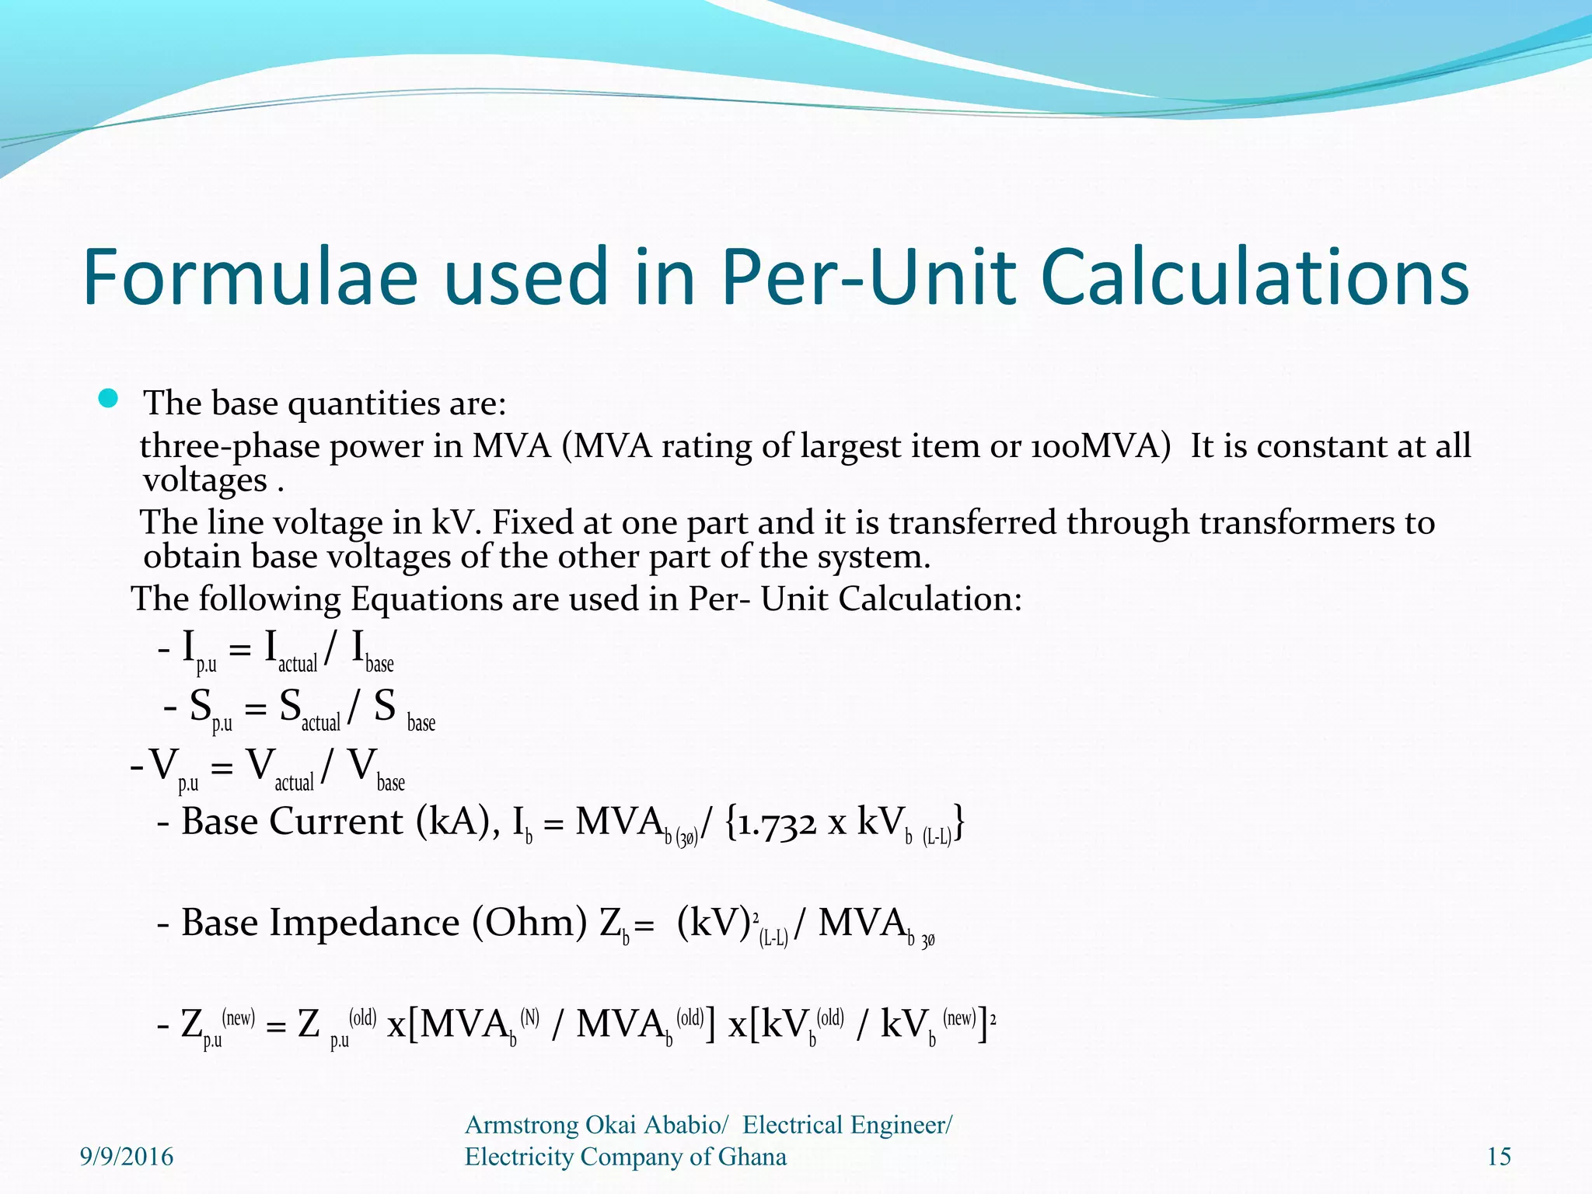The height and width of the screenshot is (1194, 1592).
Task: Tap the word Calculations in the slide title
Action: (x=1254, y=277)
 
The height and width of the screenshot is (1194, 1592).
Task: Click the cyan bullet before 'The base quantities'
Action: (x=108, y=400)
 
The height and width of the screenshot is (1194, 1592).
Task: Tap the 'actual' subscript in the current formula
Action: (x=298, y=664)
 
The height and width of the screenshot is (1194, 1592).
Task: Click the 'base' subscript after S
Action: (x=421, y=723)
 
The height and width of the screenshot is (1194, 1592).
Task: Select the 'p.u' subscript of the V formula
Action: (x=188, y=783)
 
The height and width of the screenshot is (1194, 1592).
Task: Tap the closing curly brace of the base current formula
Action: (x=960, y=822)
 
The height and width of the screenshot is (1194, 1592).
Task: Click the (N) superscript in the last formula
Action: (x=529, y=1018)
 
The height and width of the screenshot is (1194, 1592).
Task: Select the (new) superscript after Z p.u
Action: (x=238, y=1018)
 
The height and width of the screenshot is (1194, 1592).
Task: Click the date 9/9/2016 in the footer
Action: (x=127, y=1157)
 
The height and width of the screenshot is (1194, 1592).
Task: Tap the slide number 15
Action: (x=1499, y=1157)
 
